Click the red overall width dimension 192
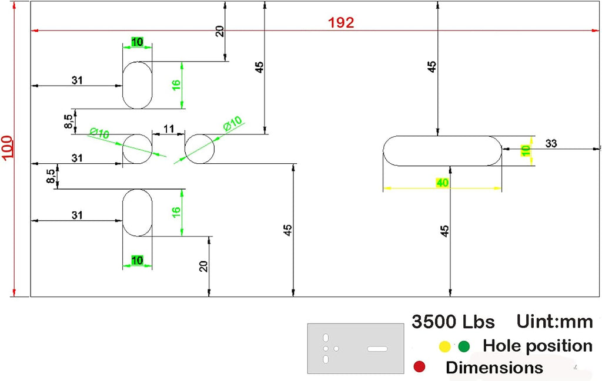click(341, 23)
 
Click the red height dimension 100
click(7, 146)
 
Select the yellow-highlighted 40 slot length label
click(442, 183)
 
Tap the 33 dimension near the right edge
click(551, 143)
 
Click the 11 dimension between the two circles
click(169, 129)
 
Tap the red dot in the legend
click(419, 366)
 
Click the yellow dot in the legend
click(444, 346)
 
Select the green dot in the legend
click(464, 346)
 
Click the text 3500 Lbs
click(453, 322)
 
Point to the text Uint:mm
click(554, 321)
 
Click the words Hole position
click(537, 346)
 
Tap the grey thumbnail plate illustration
click(356, 349)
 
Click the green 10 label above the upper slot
click(137, 42)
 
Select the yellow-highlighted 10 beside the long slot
click(526, 150)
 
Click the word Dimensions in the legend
click(494, 367)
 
